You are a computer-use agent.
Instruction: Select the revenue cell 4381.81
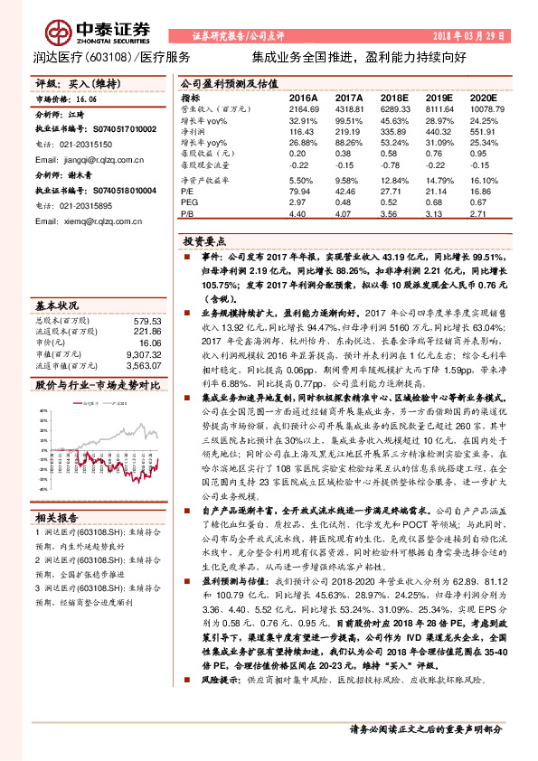(348, 108)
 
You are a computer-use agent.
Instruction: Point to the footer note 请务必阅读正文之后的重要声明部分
(426, 729)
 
